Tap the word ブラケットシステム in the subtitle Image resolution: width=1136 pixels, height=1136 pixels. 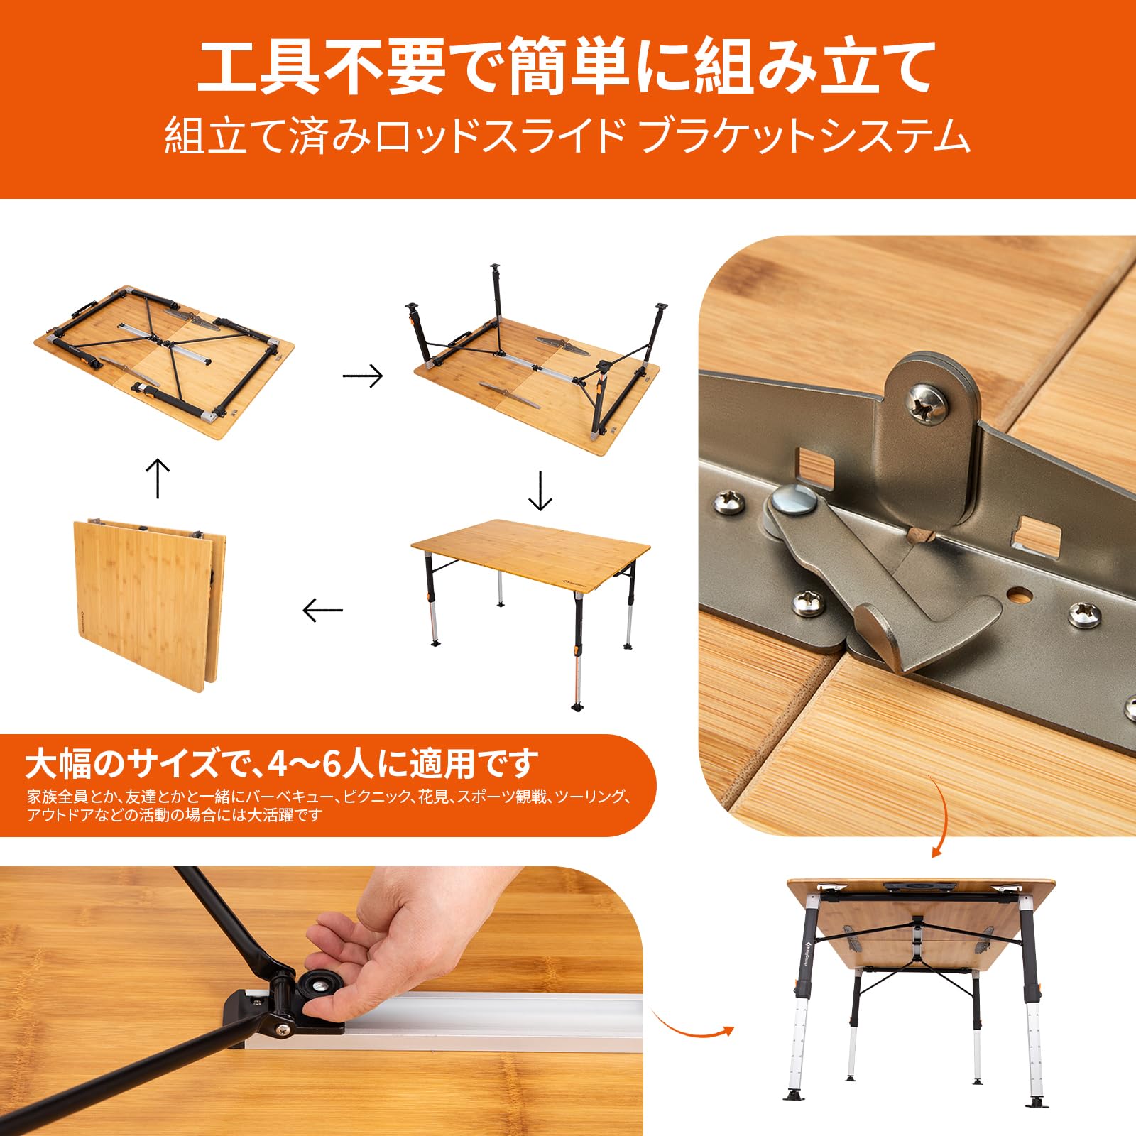tap(804, 136)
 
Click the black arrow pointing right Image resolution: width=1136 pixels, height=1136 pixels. tap(363, 376)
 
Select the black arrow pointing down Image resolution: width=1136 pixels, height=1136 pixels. tap(540, 491)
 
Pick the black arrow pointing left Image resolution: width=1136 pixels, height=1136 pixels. tap(322, 610)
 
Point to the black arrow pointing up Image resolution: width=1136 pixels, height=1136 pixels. tap(157, 478)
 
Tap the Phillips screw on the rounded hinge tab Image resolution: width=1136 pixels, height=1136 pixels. tap(928, 403)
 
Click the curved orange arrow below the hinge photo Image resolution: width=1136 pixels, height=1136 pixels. tap(941, 816)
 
